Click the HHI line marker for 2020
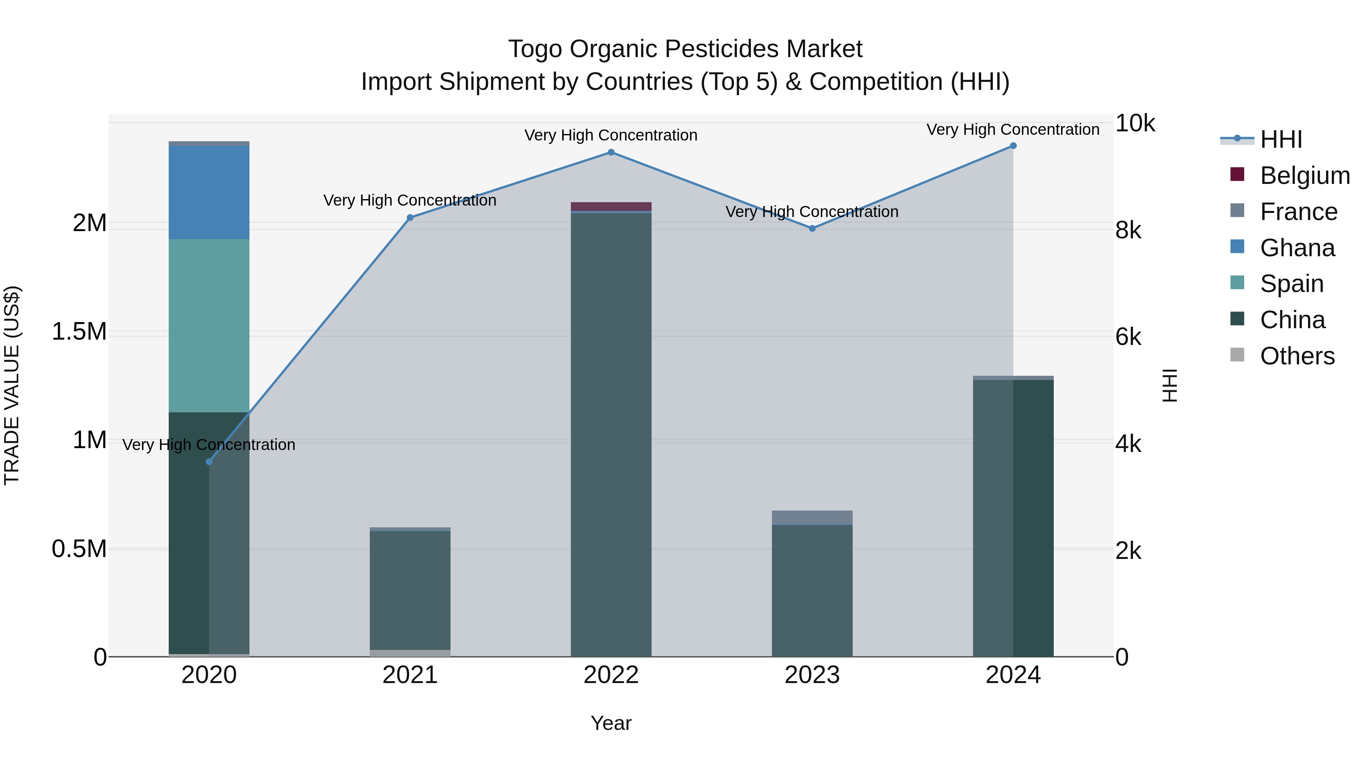[x=209, y=462]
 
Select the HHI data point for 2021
[x=410, y=218]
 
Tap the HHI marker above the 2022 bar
[x=611, y=153]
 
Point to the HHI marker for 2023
[x=812, y=229]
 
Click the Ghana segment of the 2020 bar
[x=209, y=193]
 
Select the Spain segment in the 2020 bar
[x=209, y=326]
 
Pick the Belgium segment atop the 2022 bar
[x=611, y=206]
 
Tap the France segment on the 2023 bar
[x=812, y=518]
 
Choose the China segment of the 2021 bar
[x=410, y=591]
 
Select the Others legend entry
[x=1297, y=356]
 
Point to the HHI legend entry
[x=1280, y=139]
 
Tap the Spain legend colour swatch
[x=1237, y=283]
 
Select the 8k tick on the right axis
[x=1128, y=230]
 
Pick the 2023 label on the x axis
[x=812, y=675]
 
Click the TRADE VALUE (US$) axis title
[x=12, y=385]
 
